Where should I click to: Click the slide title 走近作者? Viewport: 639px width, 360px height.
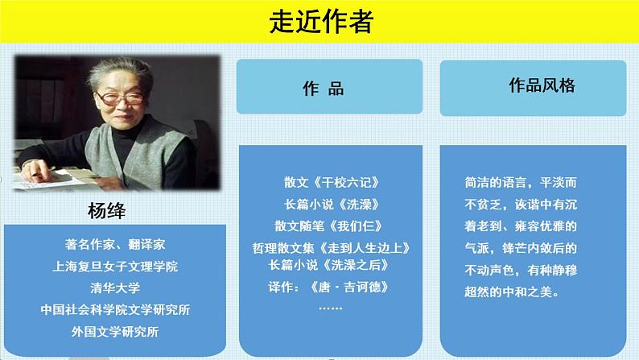(x=320, y=23)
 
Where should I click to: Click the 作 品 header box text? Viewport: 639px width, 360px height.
(x=329, y=88)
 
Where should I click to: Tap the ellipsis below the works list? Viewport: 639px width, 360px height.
(x=330, y=308)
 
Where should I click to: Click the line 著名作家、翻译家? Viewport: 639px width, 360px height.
(x=116, y=243)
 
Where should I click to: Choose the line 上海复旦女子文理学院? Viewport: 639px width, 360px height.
(x=116, y=265)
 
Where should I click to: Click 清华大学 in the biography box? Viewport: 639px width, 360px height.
(x=116, y=287)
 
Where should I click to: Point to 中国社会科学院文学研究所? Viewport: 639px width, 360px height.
(x=116, y=308)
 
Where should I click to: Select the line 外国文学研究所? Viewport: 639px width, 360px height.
(x=116, y=330)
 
